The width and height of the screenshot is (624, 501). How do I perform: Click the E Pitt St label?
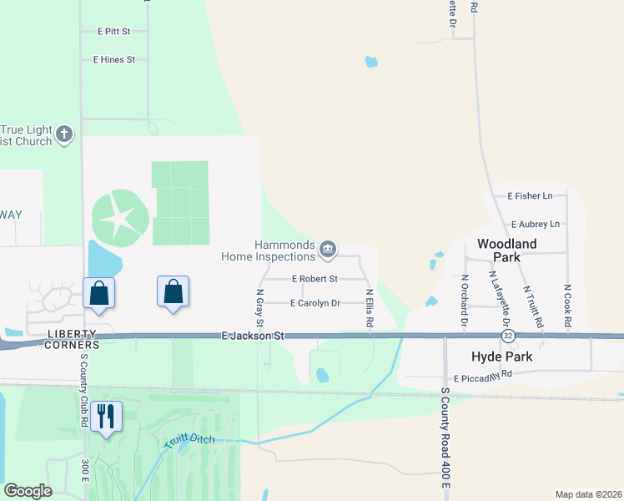[x=114, y=32]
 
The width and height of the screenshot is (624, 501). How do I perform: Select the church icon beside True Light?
[x=64, y=134]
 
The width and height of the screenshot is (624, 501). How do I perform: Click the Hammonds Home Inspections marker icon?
[x=328, y=249]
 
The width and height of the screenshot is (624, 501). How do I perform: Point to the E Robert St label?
[x=315, y=279]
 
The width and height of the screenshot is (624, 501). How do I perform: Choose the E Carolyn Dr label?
[x=315, y=303]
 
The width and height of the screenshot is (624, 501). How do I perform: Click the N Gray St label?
[x=259, y=307]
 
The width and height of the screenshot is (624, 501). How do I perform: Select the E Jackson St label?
[x=254, y=336]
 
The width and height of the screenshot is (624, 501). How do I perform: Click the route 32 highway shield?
[x=508, y=336]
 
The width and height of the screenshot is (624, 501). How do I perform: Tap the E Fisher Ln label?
[x=530, y=196]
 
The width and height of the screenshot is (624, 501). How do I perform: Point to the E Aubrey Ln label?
[x=536, y=225]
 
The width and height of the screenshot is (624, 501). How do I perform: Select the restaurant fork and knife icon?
[x=105, y=415]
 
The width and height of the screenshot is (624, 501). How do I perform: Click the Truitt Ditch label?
[x=189, y=439]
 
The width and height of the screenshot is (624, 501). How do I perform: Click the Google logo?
[x=28, y=490]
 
